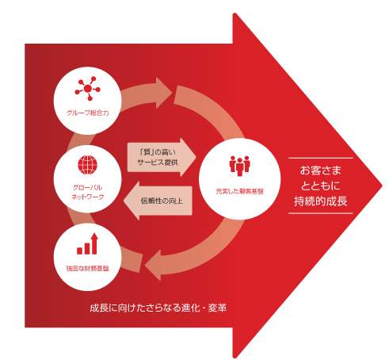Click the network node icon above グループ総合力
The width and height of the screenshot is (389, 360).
88,89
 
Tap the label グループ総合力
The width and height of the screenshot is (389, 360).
88,113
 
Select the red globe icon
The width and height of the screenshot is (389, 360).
88,165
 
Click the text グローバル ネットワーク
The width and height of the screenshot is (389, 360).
88,192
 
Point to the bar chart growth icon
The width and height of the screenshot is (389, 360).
88,243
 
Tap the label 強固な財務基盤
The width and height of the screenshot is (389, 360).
88,269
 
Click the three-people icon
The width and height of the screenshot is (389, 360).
239,166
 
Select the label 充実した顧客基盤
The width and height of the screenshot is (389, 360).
239,191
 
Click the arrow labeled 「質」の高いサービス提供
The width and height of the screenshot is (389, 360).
162,157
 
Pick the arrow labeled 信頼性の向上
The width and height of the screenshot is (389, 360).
158,201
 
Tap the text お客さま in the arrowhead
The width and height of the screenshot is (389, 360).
321,170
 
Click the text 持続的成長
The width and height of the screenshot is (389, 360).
321,201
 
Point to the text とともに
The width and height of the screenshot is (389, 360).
321,186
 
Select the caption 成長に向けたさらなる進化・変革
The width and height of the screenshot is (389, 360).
158,308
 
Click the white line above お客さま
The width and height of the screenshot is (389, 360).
321,158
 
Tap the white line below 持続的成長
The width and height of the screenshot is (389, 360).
321,213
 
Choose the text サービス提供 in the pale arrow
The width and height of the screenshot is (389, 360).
158,163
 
